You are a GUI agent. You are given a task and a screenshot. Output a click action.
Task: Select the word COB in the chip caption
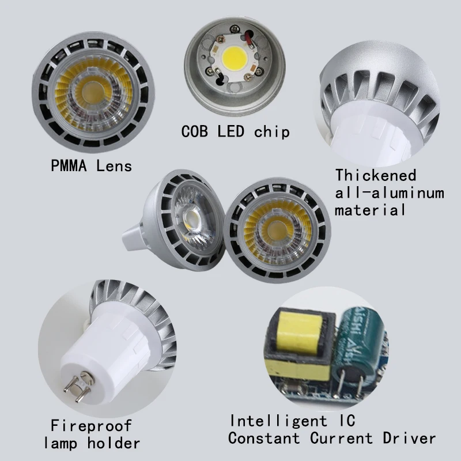coord(197,131)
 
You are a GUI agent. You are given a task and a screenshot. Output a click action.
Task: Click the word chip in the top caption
coord(271,131)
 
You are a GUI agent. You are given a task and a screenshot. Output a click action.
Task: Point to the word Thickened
coord(376,175)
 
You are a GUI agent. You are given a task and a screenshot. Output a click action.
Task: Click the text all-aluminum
coord(390,192)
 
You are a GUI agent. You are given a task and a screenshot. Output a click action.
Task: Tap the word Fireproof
coord(91,426)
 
